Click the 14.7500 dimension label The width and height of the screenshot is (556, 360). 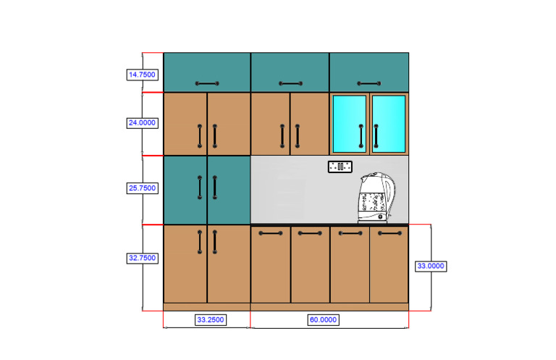point(142,75)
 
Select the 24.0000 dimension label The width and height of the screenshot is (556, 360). point(142,123)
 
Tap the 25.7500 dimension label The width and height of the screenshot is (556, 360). point(142,188)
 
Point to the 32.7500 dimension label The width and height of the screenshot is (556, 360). point(142,258)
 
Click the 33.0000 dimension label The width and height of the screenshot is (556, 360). point(430,266)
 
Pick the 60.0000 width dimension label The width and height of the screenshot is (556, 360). point(323,319)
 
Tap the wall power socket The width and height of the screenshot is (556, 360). point(340,167)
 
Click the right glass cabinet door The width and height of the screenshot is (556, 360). point(389,123)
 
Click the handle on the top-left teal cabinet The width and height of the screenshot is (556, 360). point(206,84)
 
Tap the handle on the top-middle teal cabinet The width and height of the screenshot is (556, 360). point(290,84)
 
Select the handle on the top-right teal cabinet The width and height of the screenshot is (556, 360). point(368,84)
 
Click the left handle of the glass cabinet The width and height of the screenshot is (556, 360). point(361,135)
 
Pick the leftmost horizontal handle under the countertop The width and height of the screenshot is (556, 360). point(270,233)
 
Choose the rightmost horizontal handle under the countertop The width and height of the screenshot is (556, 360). point(389,233)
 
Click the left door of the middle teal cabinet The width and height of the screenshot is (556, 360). point(185,190)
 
